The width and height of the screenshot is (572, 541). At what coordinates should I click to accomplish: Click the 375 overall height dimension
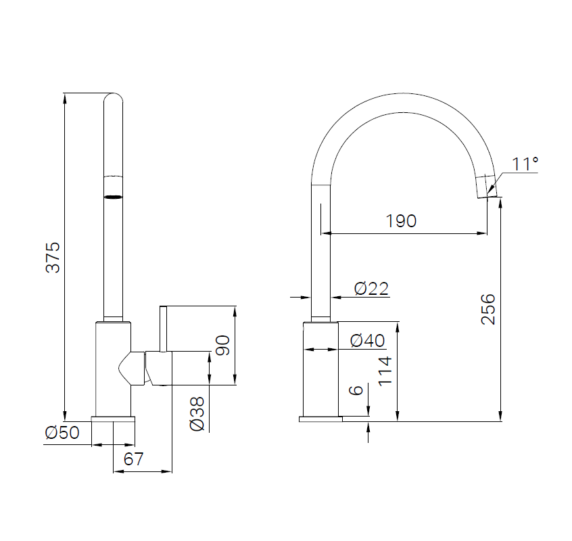tap(53, 257)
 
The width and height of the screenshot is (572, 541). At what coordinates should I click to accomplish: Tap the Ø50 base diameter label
tap(62, 433)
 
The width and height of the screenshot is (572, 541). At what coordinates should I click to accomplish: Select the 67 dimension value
tap(133, 459)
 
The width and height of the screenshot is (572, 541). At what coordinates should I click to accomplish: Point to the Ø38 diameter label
tap(197, 414)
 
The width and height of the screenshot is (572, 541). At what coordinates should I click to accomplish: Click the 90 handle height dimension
tap(223, 345)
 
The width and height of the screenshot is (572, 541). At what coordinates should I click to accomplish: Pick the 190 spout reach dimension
tap(401, 221)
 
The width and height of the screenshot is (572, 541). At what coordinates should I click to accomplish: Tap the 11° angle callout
tap(525, 164)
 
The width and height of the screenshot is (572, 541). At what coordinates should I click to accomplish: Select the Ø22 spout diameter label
tap(371, 289)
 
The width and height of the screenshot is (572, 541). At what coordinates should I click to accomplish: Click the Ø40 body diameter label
tap(367, 341)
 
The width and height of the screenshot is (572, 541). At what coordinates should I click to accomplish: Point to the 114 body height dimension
tap(385, 371)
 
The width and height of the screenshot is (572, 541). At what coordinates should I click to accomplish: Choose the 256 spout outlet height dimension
tap(488, 309)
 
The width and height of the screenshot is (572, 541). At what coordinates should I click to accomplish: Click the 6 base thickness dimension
tap(356, 390)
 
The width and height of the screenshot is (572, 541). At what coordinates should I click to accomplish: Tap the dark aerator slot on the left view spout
tap(113, 197)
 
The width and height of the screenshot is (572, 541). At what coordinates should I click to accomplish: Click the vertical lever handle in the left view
tap(163, 329)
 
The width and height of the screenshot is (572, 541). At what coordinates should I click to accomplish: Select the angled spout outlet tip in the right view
tap(487, 187)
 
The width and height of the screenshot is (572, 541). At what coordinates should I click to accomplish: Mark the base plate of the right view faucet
tap(320, 419)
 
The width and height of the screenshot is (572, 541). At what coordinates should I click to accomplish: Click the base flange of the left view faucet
tap(113, 419)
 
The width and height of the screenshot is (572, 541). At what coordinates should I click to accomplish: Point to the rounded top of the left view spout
tap(113, 98)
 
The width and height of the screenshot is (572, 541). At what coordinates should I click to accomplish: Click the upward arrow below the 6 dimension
tap(368, 427)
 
